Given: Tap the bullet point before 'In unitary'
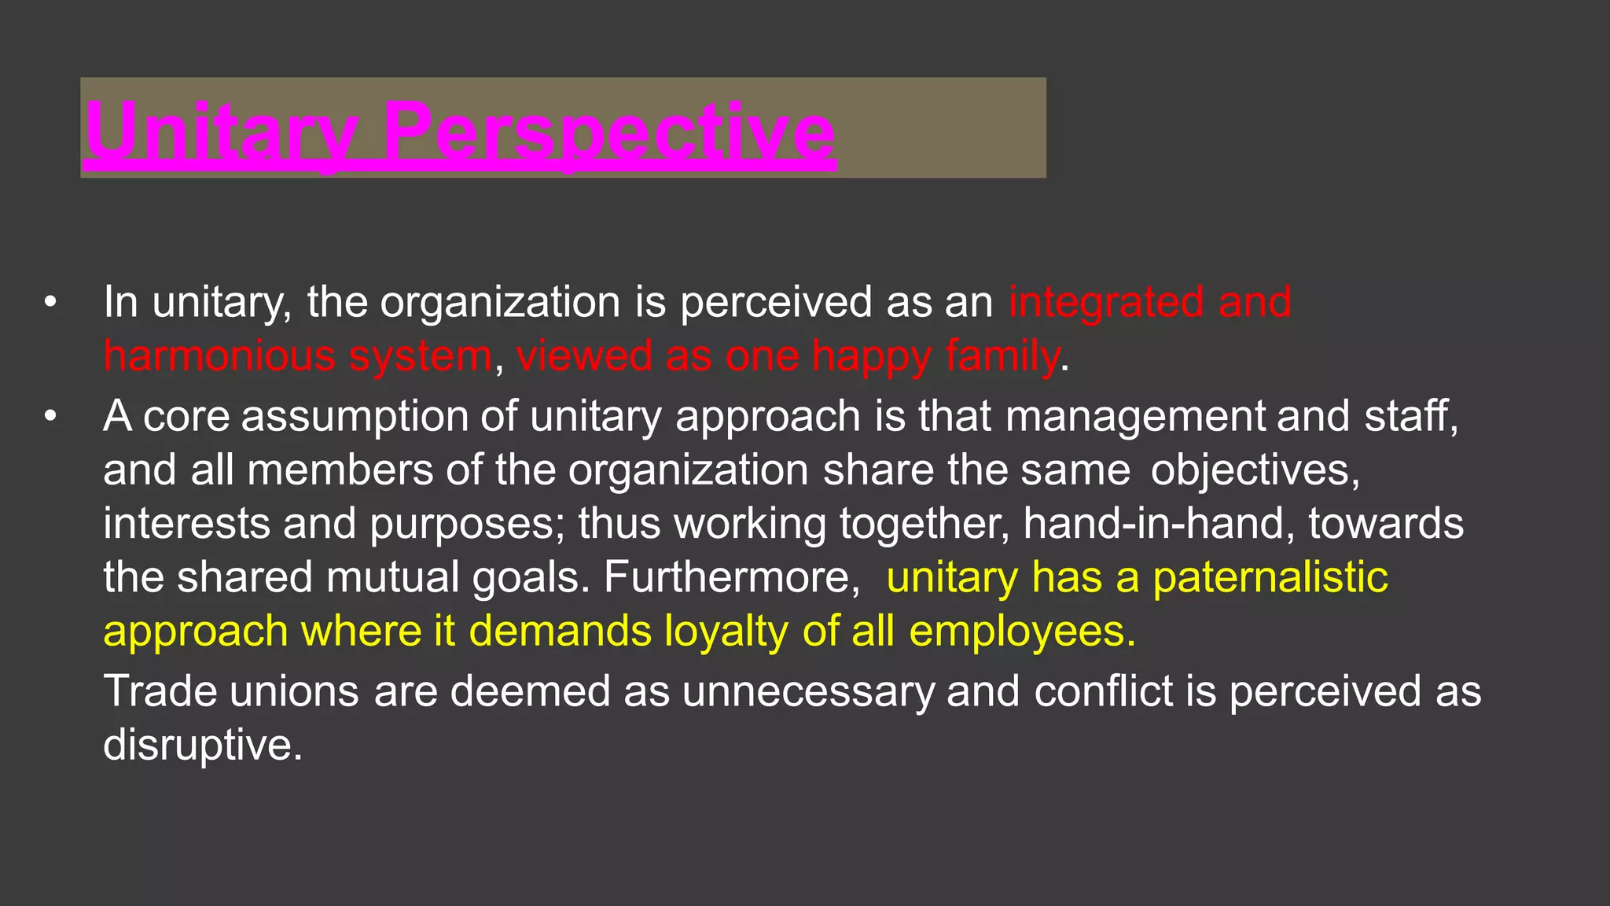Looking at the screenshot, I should click(x=51, y=302).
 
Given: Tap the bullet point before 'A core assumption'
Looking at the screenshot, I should click(x=51, y=416).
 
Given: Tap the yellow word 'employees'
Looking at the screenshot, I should click(x=1021, y=632).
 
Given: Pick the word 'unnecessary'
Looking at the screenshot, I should click(x=808, y=691).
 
